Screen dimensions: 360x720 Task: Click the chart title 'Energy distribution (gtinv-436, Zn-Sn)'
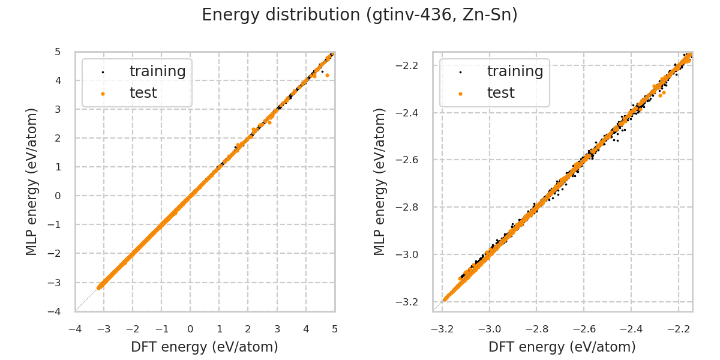click(x=359, y=15)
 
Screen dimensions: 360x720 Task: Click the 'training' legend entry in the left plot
click(x=157, y=71)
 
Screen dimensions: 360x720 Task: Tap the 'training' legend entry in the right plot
click(x=515, y=71)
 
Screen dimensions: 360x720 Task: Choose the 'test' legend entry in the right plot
click(x=500, y=93)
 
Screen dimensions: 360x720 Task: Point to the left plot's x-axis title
click(x=205, y=347)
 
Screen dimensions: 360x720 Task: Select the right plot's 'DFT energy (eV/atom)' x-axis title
click(x=562, y=347)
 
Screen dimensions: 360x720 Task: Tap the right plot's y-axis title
click(x=380, y=181)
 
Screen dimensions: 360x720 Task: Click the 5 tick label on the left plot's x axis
click(x=335, y=329)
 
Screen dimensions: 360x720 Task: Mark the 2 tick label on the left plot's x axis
click(x=248, y=329)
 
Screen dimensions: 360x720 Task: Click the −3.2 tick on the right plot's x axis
click(x=443, y=329)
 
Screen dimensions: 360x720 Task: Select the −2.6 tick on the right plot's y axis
click(x=412, y=160)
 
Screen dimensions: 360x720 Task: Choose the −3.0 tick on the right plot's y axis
click(x=412, y=254)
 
